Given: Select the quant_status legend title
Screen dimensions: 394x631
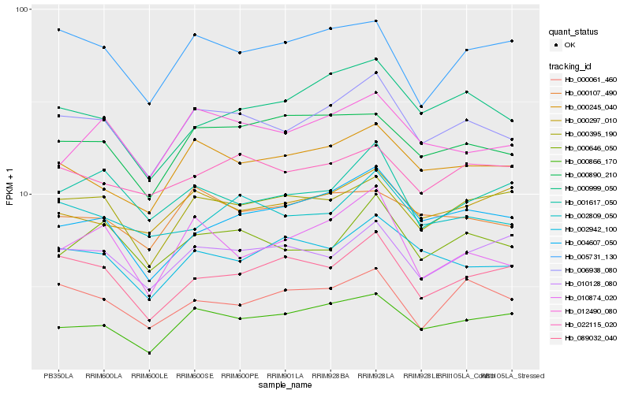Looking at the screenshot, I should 574,32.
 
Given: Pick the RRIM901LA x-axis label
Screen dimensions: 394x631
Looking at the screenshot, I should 286,376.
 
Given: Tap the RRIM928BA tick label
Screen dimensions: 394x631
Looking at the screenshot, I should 331,376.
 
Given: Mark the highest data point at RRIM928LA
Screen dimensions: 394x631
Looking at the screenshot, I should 376,21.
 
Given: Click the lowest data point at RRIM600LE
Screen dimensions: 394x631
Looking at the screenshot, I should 149,353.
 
